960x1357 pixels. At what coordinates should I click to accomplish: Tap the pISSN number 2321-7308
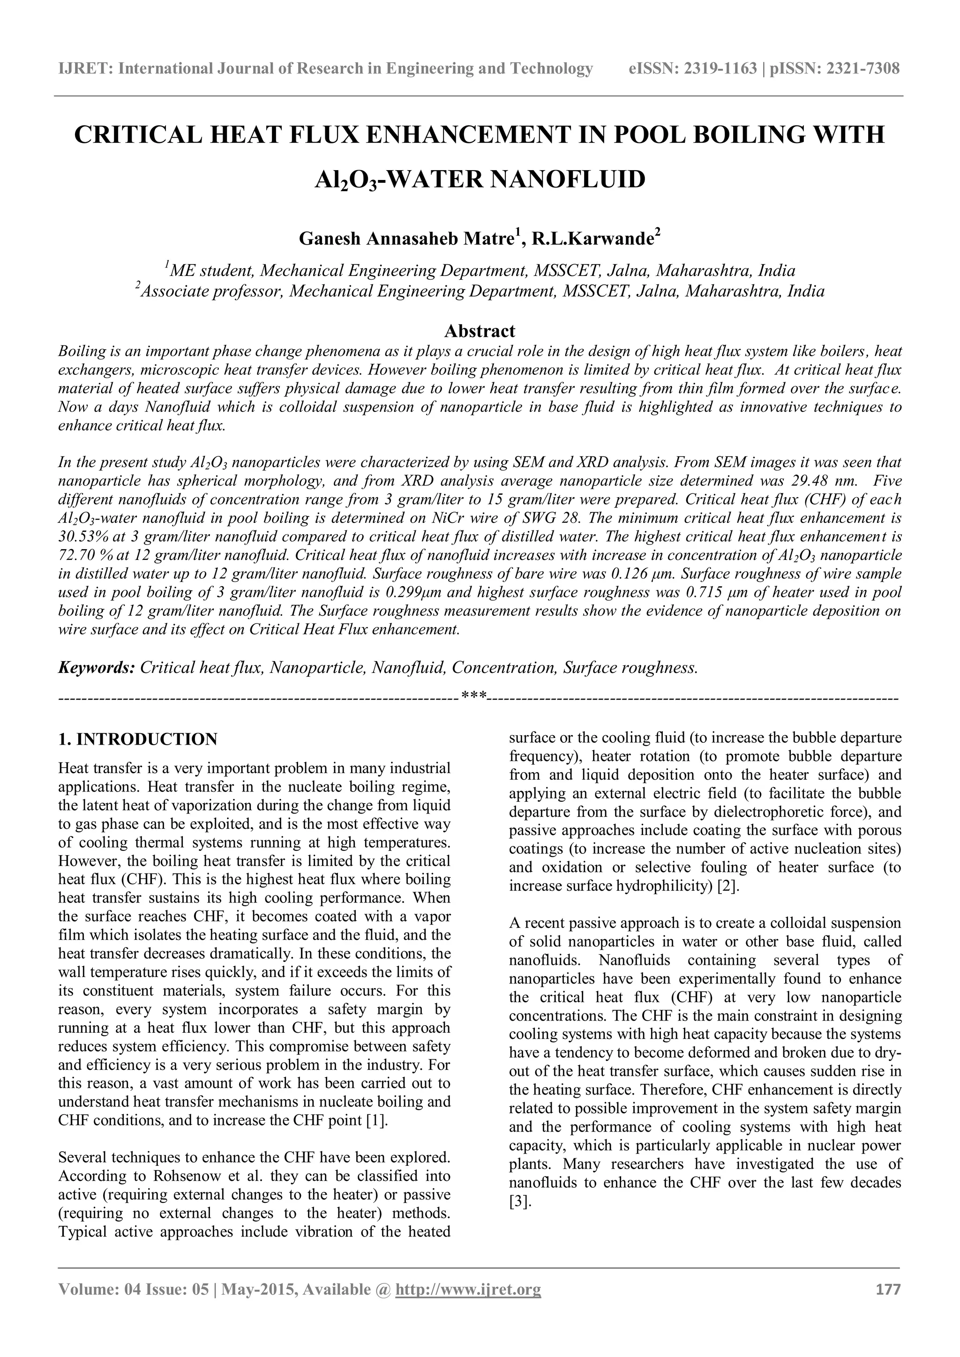(x=857, y=69)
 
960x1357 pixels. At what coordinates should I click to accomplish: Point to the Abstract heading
(x=480, y=330)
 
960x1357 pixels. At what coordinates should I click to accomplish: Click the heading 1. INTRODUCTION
(x=138, y=739)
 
